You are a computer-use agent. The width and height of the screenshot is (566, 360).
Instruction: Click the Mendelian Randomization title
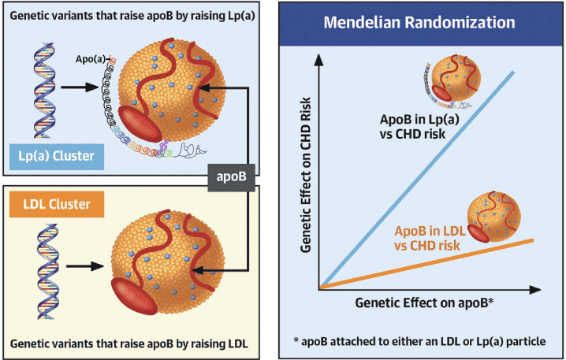(x=419, y=22)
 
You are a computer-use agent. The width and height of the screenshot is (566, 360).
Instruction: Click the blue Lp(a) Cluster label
(x=57, y=157)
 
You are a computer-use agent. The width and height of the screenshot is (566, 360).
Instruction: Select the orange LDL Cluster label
(x=57, y=204)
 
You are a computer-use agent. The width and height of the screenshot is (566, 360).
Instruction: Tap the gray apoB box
(x=232, y=177)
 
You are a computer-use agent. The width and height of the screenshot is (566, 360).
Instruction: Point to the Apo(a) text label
(x=90, y=59)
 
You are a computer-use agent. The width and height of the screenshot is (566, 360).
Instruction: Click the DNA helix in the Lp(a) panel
(x=45, y=91)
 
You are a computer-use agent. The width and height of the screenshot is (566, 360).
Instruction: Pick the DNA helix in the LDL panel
(x=47, y=271)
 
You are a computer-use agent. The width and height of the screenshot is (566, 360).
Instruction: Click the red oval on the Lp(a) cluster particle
(x=140, y=124)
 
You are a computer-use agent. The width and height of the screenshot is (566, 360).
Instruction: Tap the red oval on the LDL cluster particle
(x=134, y=296)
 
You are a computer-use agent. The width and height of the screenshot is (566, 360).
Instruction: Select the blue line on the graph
(x=416, y=180)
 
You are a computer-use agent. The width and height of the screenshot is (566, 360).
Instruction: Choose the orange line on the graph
(x=426, y=264)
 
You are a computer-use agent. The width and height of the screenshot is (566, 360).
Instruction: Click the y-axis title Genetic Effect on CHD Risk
(x=305, y=175)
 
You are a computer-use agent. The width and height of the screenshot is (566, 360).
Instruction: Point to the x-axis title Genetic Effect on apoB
(x=424, y=303)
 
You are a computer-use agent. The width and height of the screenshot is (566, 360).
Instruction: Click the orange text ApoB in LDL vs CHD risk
(x=429, y=238)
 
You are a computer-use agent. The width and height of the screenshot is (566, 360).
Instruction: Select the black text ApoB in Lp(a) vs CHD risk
(x=419, y=127)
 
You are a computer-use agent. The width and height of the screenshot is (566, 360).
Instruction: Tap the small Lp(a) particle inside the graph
(x=453, y=81)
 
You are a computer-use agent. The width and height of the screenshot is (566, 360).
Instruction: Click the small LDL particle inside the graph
(x=493, y=217)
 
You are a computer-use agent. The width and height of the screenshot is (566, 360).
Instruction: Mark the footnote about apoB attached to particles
(x=419, y=341)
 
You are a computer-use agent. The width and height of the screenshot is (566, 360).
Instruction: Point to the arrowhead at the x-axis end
(x=535, y=290)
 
